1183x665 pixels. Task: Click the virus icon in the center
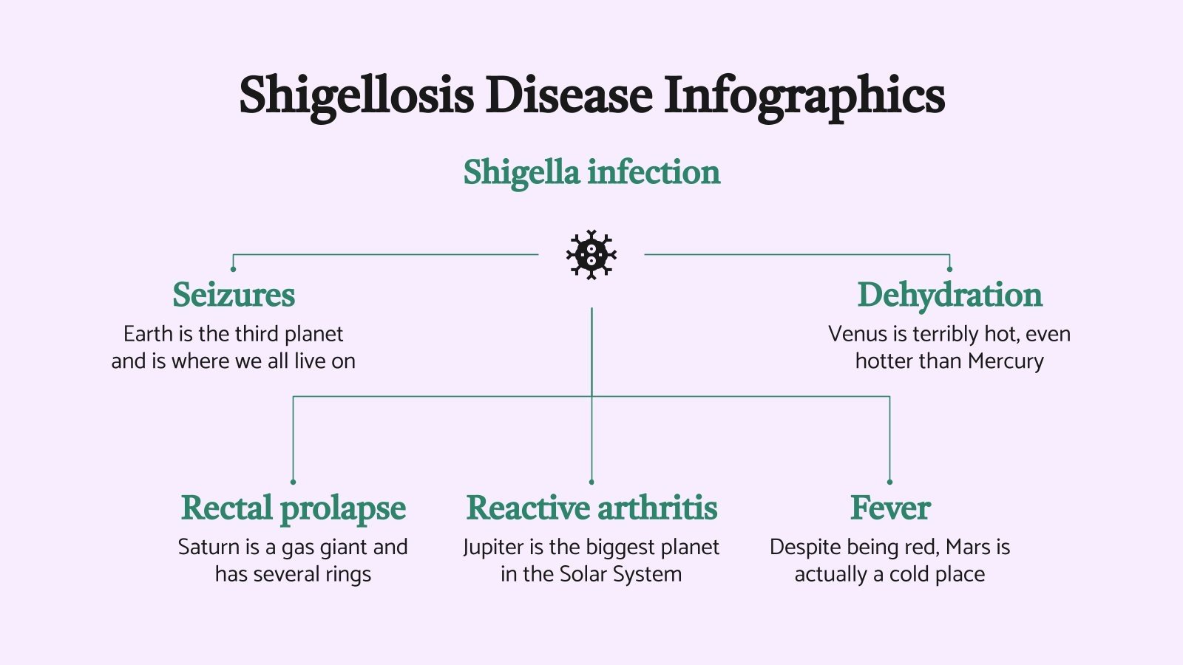tap(591, 255)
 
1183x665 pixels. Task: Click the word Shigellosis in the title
tap(356, 96)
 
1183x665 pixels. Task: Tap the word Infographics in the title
tap(804, 96)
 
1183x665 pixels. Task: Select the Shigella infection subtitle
tap(591, 172)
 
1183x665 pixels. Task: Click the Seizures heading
tap(234, 295)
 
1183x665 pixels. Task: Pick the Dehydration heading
tap(949, 295)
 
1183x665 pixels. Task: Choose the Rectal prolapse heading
tap(294, 508)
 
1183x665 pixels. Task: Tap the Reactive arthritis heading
tap(591, 508)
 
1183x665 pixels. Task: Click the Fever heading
tap(889, 508)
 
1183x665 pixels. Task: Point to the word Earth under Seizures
tap(148, 334)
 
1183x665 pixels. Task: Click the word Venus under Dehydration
tap(857, 334)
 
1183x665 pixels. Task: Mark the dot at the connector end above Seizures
tap(233, 269)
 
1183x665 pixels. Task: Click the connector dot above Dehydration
tap(949, 269)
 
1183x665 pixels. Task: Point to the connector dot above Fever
tap(889, 482)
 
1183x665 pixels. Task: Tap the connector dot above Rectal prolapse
tap(294, 482)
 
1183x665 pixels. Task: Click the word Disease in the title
tap(568, 96)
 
